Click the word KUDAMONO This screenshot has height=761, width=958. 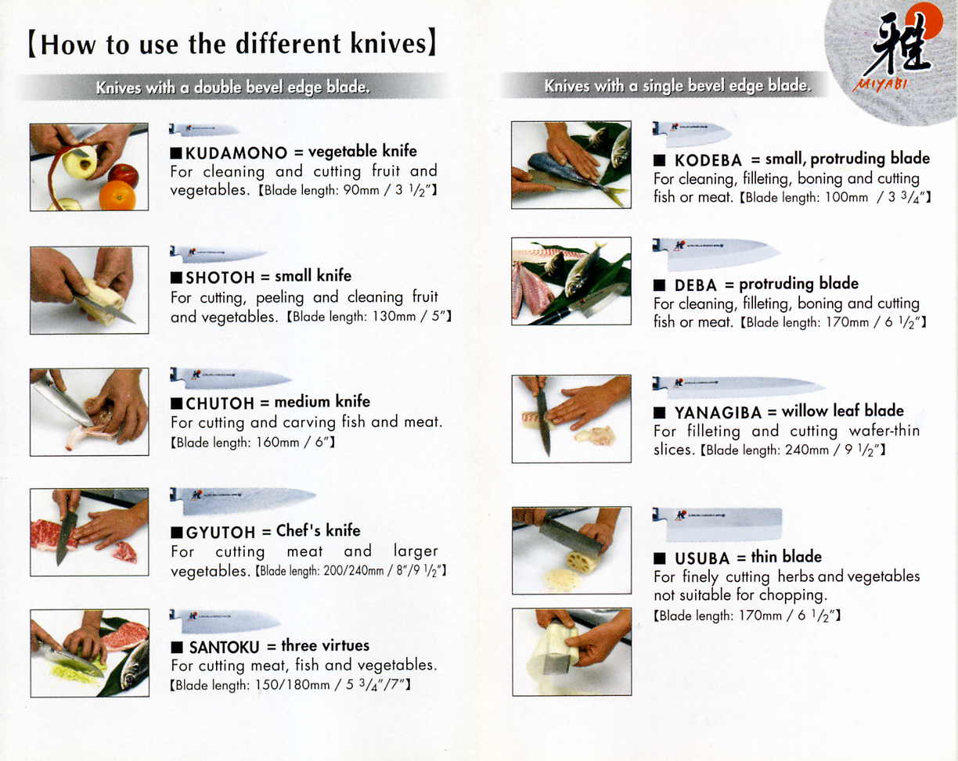[236, 153]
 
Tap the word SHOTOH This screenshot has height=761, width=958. [220, 278]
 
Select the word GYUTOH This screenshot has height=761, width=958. [221, 533]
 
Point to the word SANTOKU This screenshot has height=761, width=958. [224, 647]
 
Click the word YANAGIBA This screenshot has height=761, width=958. [718, 413]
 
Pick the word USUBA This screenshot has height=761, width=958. [702, 558]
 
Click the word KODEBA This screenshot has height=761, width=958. [708, 160]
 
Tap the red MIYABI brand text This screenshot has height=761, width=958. [880, 84]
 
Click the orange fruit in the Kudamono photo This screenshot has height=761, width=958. [117, 195]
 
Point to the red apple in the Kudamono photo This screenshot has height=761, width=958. [123, 175]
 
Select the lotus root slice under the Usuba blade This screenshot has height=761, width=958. [581, 562]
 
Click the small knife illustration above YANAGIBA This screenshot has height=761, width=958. [738, 386]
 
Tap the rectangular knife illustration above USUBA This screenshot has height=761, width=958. [717, 523]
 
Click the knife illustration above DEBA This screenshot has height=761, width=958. [716, 253]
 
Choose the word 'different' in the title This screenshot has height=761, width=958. [288, 44]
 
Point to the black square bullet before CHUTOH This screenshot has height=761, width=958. [177, 404]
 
